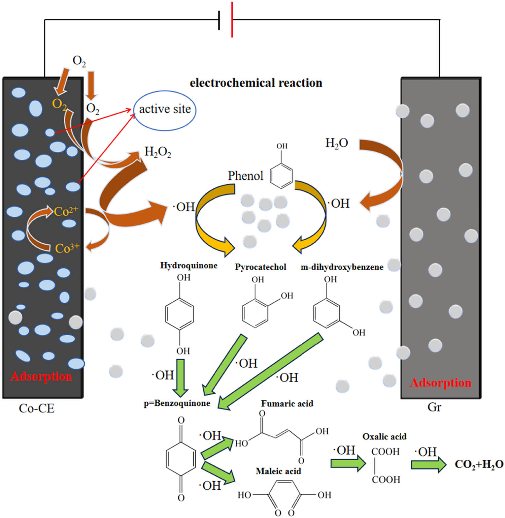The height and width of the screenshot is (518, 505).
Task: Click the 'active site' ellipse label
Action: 165,110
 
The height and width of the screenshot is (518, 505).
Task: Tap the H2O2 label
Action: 158,152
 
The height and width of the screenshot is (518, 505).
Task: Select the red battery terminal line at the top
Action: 232,20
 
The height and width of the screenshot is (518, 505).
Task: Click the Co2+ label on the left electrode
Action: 66,211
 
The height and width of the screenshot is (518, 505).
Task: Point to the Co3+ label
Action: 67,248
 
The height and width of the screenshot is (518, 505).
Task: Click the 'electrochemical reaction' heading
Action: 256,83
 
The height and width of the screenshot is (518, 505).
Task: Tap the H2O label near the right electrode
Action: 336,143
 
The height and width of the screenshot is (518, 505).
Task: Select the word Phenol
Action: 245,176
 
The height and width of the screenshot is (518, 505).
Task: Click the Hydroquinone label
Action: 189,266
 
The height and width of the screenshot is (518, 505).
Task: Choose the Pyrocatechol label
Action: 260,267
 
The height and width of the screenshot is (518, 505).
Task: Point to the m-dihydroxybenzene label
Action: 342,267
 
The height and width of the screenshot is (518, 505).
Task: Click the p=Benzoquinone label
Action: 177,403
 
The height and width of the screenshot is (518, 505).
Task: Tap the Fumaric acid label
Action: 287,403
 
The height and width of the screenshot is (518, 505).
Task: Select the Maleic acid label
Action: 278,471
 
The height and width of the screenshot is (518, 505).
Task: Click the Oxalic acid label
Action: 384,436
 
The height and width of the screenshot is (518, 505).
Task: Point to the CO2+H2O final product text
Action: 479,464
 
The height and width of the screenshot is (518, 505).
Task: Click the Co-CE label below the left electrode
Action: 36,408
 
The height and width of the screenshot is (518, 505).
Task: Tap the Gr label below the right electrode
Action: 434,407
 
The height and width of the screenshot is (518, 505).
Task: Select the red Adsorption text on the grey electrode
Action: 440,383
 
